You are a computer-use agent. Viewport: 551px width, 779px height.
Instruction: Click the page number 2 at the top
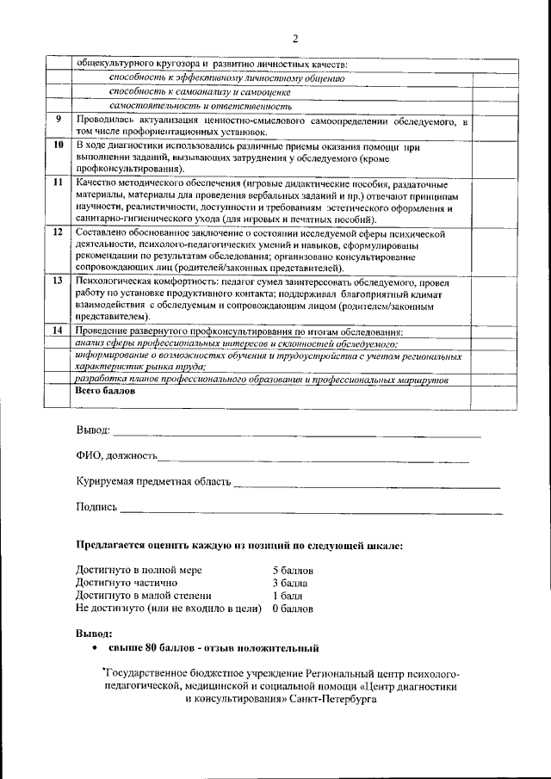[294, 38]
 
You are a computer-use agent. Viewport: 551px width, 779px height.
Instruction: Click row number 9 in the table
[59, 119]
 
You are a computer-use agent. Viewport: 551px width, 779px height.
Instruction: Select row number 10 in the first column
[59, 146]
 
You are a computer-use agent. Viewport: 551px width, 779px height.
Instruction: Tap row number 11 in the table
[59, 183]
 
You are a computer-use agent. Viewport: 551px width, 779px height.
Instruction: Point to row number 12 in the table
[59, 232]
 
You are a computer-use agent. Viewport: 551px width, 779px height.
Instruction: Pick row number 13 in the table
[59, 281]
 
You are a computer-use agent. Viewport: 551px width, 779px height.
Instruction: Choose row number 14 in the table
[59, 331]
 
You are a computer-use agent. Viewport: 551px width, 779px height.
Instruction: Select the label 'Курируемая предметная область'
[152, 481]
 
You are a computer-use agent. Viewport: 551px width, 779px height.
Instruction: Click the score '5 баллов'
[293, 571]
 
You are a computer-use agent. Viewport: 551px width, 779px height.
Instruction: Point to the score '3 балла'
[290, 583]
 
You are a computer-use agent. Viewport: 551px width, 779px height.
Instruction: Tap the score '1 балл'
[287, 595]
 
